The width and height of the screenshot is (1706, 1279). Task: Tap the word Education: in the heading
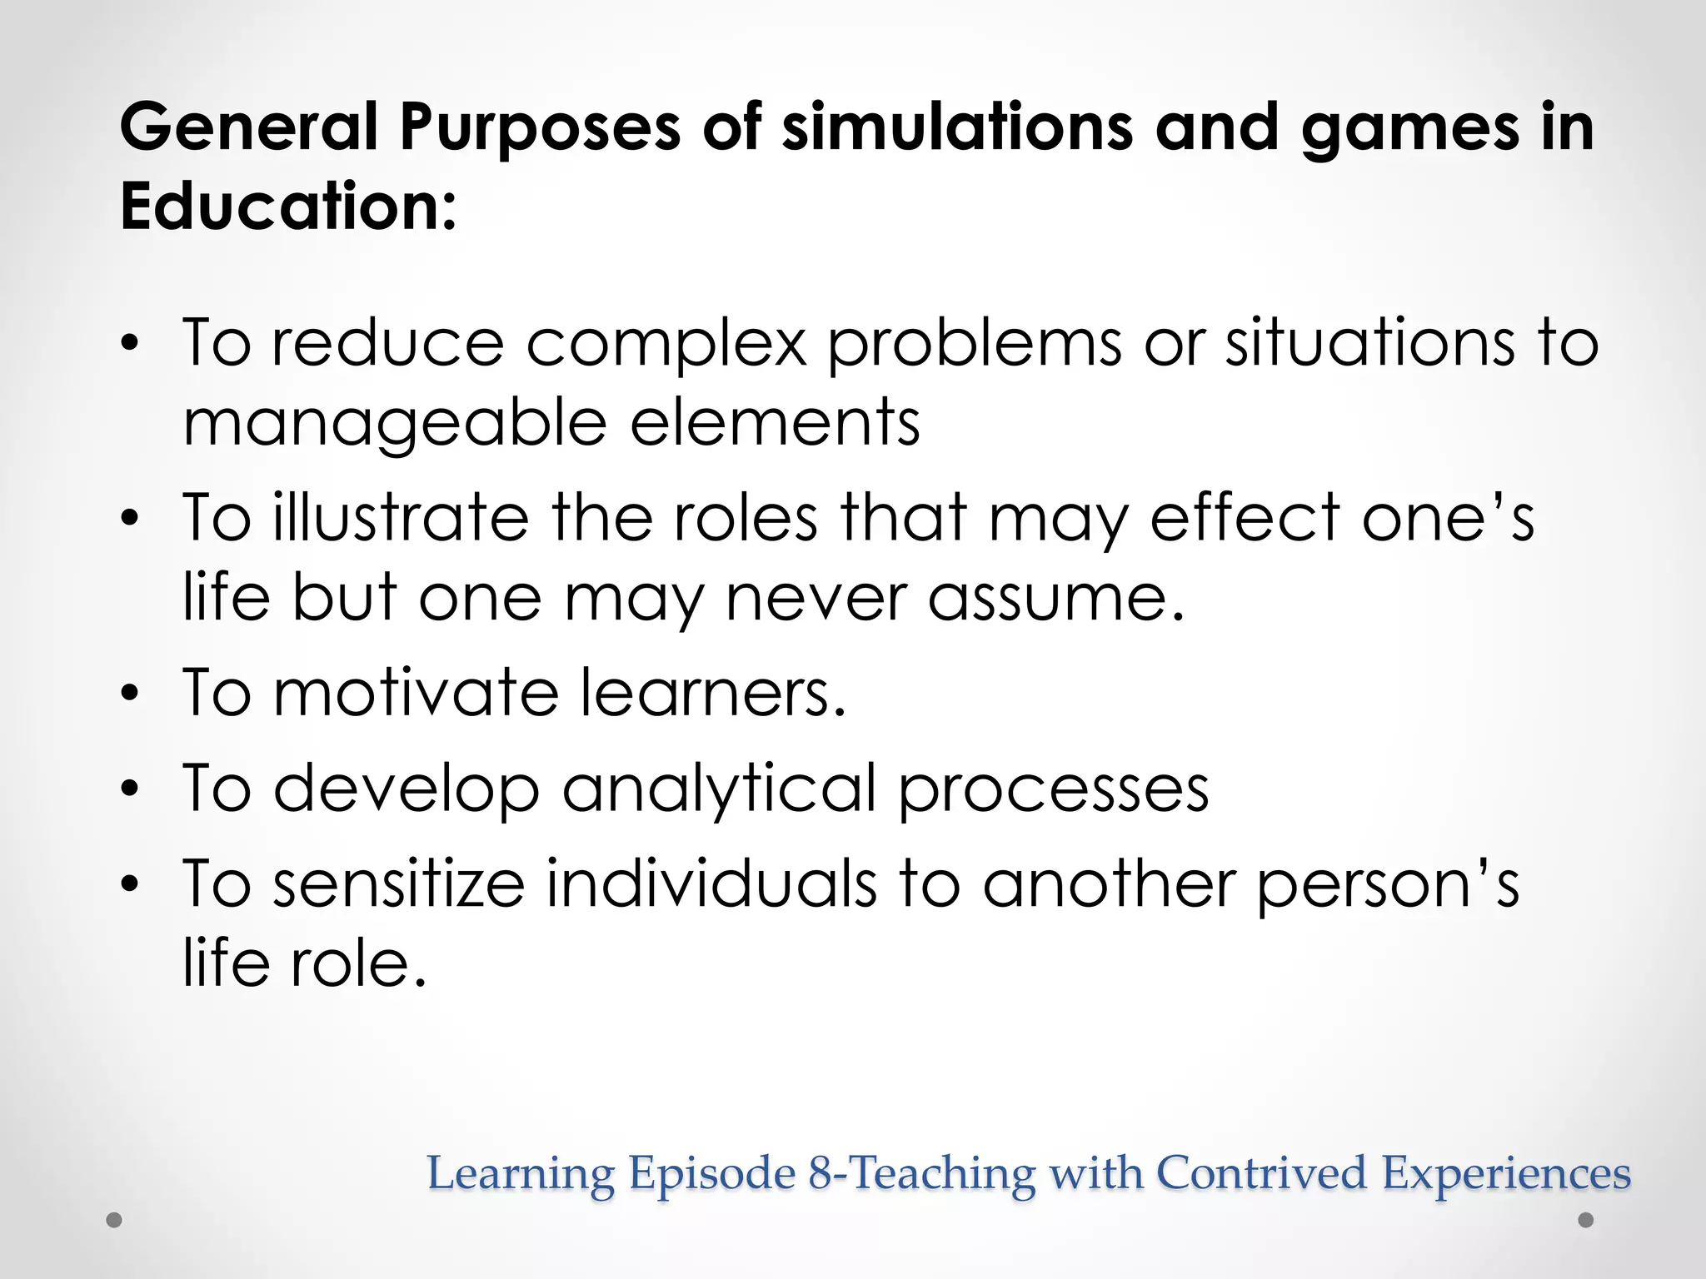[x=288, y=207]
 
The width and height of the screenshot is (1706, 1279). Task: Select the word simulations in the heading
[x=957, y=127]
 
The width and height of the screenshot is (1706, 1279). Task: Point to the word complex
[x=666, y=344]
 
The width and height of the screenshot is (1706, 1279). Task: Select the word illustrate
[x=401, y=518]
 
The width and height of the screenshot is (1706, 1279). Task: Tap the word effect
[x=1245, y=518]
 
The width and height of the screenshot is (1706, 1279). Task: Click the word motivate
[x=416, y=693]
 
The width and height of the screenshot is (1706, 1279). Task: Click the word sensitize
[x=399, y=883]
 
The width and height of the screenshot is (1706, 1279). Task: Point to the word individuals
[x=711, y=883]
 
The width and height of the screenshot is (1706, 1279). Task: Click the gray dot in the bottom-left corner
[x=115, y=1221]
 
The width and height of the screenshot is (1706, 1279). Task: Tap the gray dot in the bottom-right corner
[x=1586, y=1221]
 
